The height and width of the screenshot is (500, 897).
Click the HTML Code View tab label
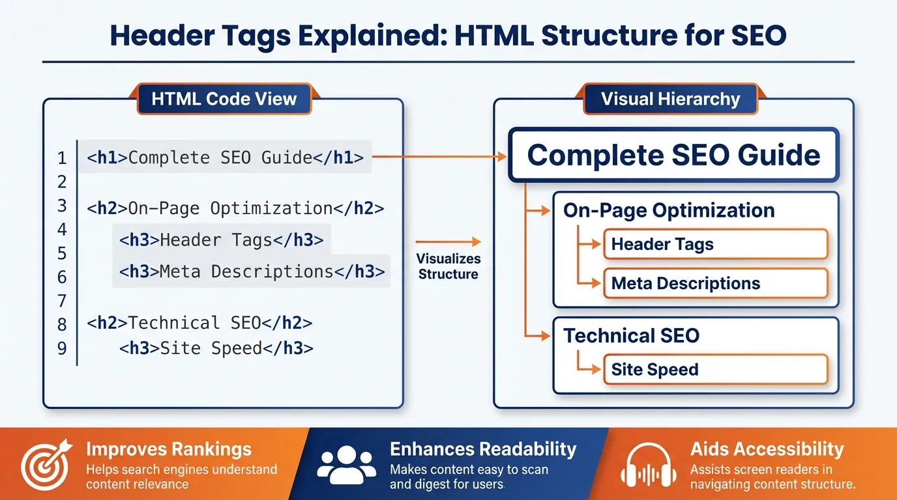pos(224,99)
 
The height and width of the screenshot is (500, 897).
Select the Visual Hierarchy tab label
pos(670,100)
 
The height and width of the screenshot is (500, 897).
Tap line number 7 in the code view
pos(62,301)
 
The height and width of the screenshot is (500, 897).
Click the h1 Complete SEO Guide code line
pos(225,158)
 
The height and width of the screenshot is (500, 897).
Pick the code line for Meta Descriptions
pos(252,271)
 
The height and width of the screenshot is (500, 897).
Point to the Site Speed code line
pos(216,348)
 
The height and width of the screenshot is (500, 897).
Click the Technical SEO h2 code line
pos(199,323)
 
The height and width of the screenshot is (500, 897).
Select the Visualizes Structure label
pos(448,266)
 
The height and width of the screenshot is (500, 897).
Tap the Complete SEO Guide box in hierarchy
pos(673,155)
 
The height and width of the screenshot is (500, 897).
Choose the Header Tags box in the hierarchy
pos(715,245)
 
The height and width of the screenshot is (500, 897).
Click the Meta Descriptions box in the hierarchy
pos(715,284)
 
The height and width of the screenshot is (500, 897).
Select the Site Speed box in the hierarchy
pos(715,369)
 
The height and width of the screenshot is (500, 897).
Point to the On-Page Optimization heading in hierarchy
pos(669,210)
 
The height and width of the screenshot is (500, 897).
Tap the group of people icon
pos(346,464)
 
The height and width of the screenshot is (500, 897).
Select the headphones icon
pos(648,466)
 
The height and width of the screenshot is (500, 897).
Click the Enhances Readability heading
pos(482,449)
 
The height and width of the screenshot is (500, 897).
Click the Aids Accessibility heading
pos(767,449)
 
